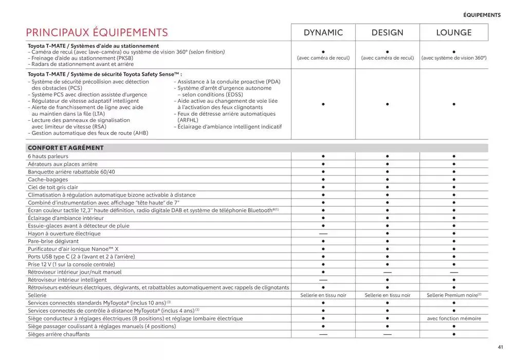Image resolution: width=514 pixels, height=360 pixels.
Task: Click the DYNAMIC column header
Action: click(323, 32)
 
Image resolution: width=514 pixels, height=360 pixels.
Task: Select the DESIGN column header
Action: click(387, 32)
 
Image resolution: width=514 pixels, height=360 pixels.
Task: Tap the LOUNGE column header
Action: click(454, 32)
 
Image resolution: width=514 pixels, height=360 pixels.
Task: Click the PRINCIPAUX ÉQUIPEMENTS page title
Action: click(97, 33)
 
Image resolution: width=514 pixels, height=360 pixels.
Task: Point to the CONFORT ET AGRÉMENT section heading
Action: click(66, 148)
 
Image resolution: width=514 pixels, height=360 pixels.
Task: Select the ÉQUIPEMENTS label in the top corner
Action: click(482, 15)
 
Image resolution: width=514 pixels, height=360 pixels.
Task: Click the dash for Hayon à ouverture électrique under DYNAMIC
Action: click(323, 233)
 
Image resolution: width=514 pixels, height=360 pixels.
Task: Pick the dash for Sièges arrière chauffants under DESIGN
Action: click(388, 334)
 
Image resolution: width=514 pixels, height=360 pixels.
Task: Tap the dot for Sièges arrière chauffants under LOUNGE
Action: click(454, 334)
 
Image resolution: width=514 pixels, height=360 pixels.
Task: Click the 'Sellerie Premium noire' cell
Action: click(454, 295)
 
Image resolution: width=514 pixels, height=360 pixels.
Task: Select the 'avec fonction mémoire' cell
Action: click(454, 318)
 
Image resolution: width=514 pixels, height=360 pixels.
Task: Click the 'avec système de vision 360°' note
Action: click(454, 58)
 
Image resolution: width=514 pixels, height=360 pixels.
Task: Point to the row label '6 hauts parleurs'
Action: click(48, 156)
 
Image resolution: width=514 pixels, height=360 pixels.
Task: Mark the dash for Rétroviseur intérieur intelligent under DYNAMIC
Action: click(323, 280)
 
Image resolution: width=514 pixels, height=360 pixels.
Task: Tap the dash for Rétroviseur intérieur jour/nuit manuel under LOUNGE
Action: click(454, 272)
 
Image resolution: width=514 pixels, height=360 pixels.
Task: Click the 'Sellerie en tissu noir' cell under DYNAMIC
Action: click(323, 295)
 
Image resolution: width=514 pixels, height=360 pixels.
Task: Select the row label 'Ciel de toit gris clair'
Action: click(53, 187)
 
